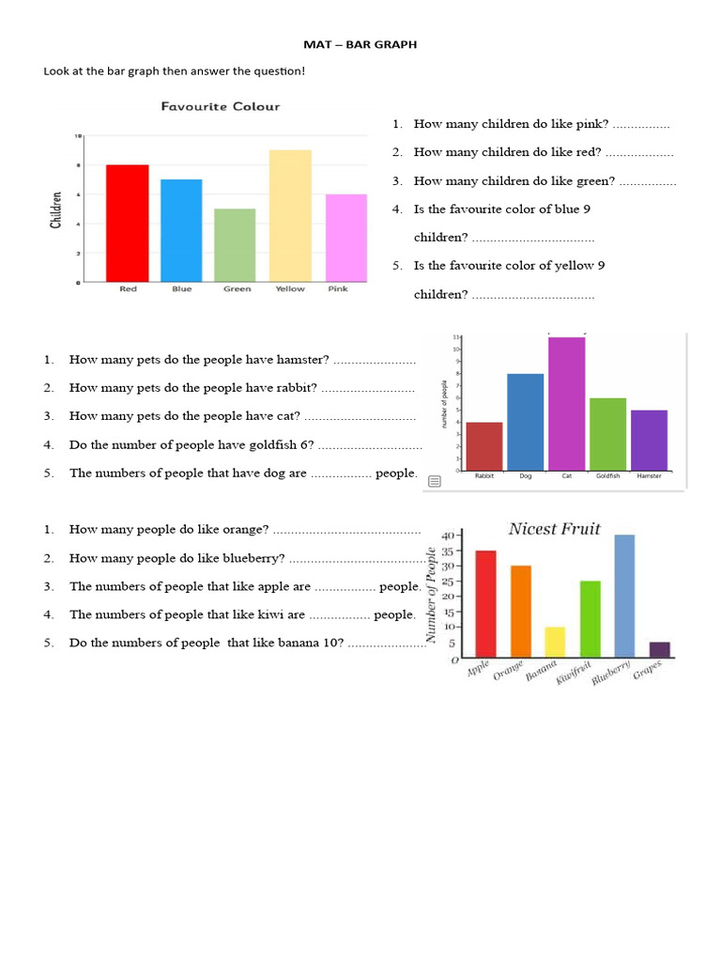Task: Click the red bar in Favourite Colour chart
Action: [127, 223]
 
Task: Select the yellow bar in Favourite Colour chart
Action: [290, 215]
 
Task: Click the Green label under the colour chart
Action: [237, 289]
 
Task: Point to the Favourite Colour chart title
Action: [221, 107]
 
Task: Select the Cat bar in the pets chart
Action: [566, 403]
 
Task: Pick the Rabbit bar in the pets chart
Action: [484, 446]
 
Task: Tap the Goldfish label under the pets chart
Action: [607, 476]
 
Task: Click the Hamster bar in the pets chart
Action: [649, 440]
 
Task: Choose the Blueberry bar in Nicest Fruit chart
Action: [624, 595]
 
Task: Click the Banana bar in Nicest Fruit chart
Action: [555, 641]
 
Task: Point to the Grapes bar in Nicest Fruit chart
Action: [660, 649]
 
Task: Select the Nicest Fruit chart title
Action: [554, 529]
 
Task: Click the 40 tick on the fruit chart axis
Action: [448, 535]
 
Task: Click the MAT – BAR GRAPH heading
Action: [360, 44]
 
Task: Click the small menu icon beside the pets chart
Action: [434, 481]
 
